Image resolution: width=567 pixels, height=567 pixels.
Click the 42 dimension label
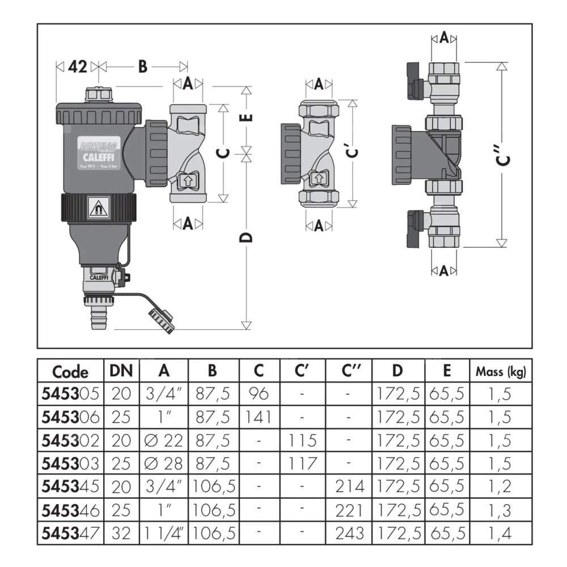click(x=77, y=67)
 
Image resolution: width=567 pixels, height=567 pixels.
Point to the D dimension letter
click(x=246, y=237)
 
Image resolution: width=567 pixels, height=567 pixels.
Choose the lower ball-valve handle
click(x=414, y=227)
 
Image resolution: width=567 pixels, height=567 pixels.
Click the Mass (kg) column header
click(x=501, y=372)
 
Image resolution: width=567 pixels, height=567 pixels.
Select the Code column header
click(x=70, y=372)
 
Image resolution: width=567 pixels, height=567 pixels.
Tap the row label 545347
click(x=70, y=533)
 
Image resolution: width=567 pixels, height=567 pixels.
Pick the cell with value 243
click(x=349, y=533)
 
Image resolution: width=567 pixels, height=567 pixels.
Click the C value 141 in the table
click(x=259, y=418)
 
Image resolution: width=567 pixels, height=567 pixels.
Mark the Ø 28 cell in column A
click(x=164, y=464)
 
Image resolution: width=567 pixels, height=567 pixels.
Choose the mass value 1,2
click(x=501, y=486)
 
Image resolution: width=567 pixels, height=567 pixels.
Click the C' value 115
click(x=302, y=441)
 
